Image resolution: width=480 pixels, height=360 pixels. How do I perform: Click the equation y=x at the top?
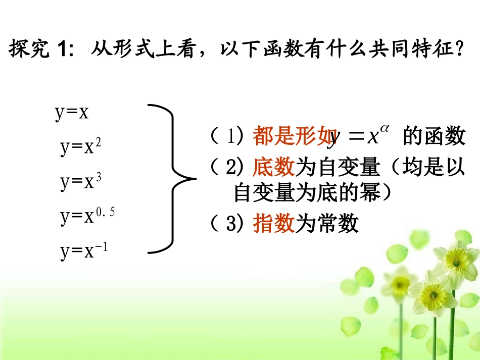[72, 113]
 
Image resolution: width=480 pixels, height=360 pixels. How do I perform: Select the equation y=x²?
[81, 147]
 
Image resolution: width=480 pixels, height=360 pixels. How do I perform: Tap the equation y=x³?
[81, 182]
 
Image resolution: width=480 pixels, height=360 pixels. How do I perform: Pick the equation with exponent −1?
[84, 251]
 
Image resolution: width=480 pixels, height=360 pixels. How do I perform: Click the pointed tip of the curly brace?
[195, 178]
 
